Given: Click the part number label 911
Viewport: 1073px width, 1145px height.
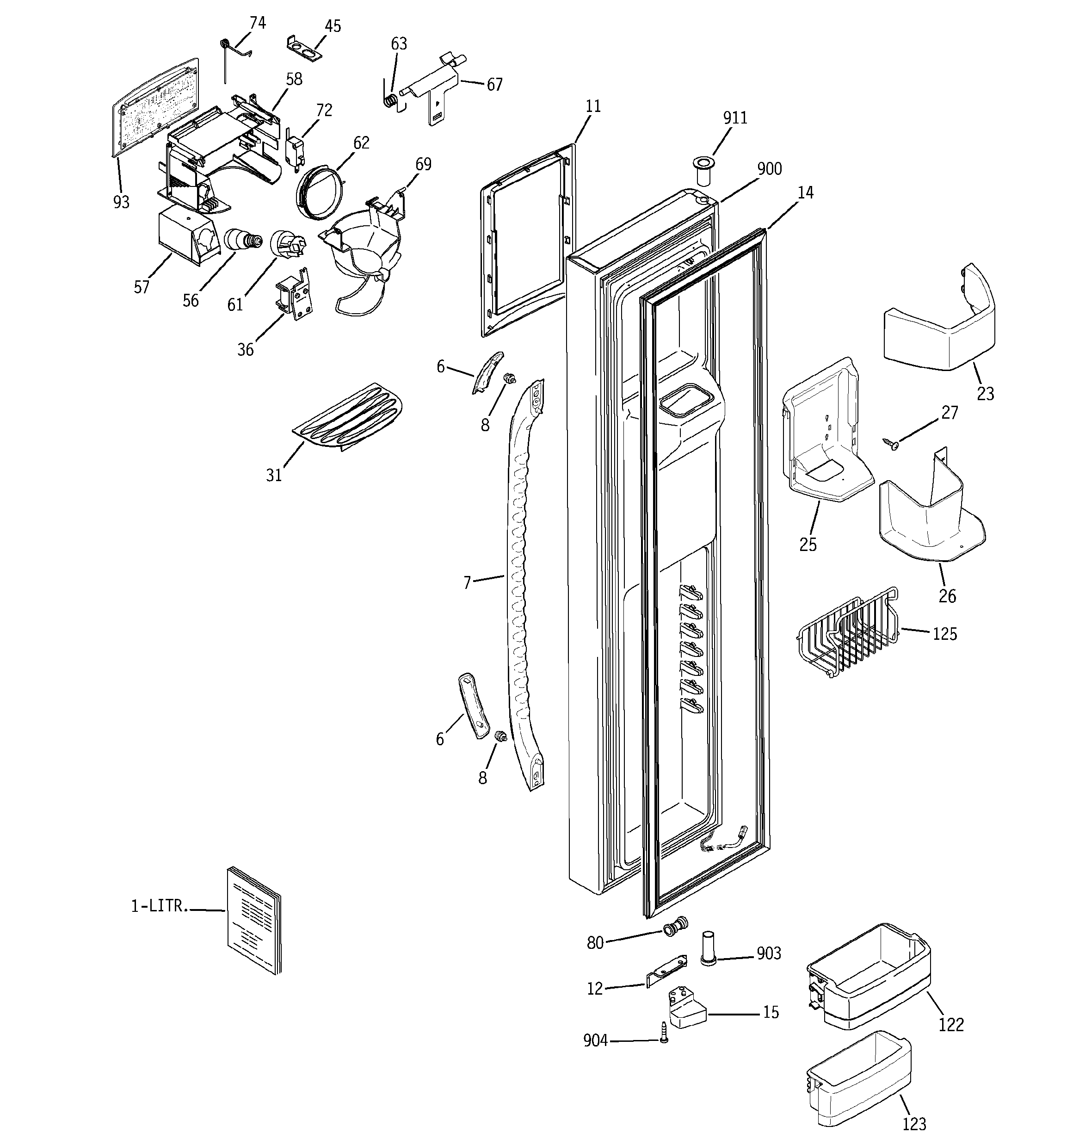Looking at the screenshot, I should coord(735,118).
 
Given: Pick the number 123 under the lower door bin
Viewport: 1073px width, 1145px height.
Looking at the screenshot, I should coord(914,1123).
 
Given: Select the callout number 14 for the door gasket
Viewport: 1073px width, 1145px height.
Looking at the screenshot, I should coord(805,193).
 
